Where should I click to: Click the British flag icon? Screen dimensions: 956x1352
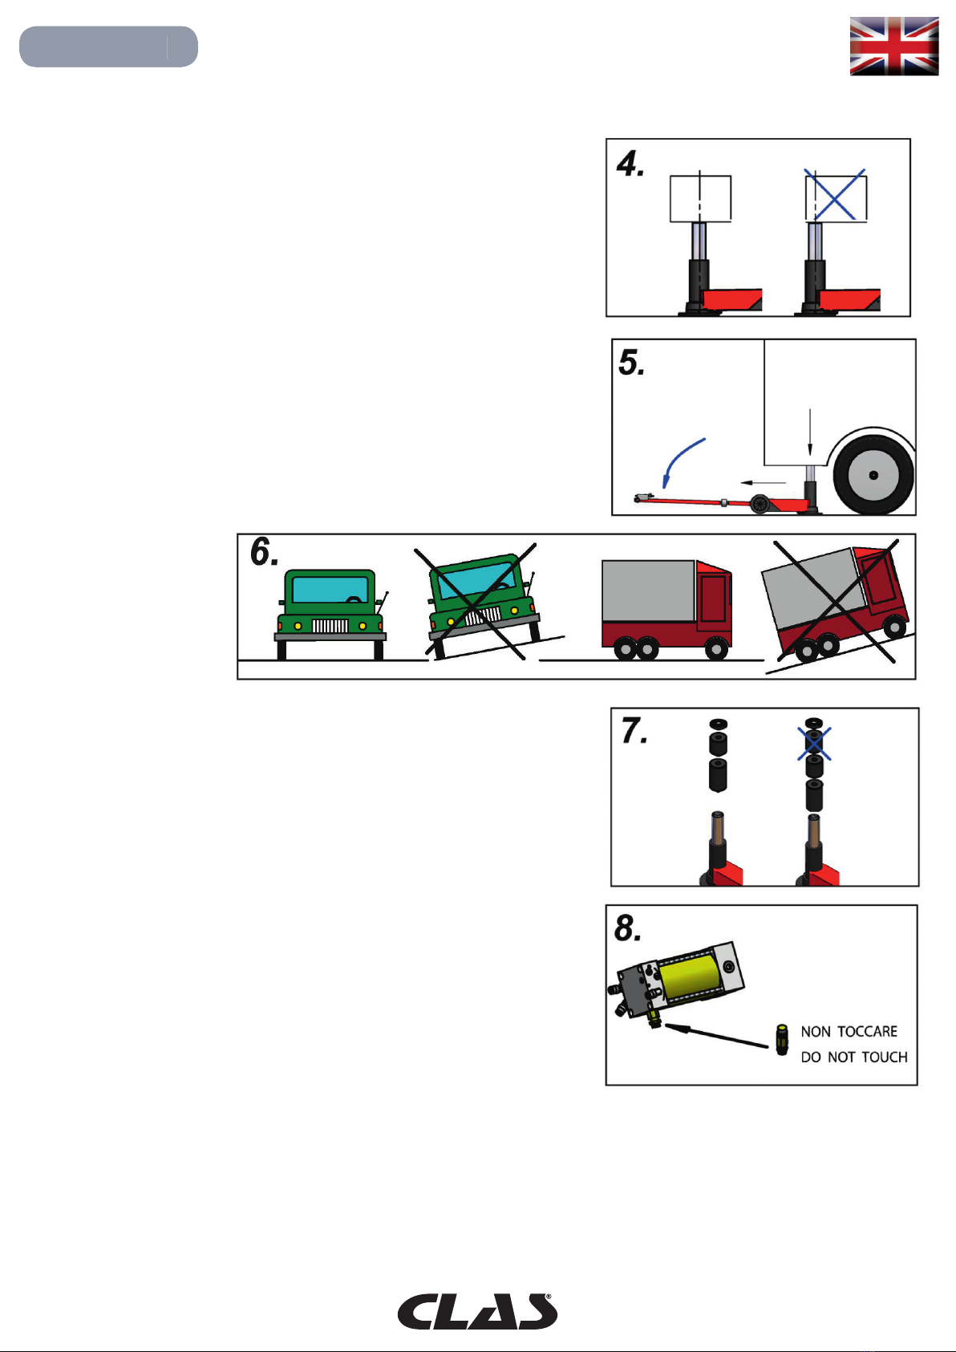click(894, 47)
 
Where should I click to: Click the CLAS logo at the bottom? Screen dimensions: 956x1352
click(477, 1312)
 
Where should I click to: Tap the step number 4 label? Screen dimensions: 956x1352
click(630, 164)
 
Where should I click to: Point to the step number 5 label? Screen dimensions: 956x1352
click(631, 363)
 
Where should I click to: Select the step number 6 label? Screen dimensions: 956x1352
click(264, 552)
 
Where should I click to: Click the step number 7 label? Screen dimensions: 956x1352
click(634, 731)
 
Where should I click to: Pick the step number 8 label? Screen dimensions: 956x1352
click(628, 928)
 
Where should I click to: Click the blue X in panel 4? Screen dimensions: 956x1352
click(835, 194)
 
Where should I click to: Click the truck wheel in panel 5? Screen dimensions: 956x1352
click(873, 475)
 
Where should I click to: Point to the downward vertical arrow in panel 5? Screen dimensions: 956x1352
click(810, 434)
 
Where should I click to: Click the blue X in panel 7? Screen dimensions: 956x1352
click(814, 743)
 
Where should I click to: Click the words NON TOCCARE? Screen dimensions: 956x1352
click(849, 1032)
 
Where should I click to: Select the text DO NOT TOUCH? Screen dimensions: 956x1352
click(853, 1058)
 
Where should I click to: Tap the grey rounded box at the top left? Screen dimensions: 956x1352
click(108, 47)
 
